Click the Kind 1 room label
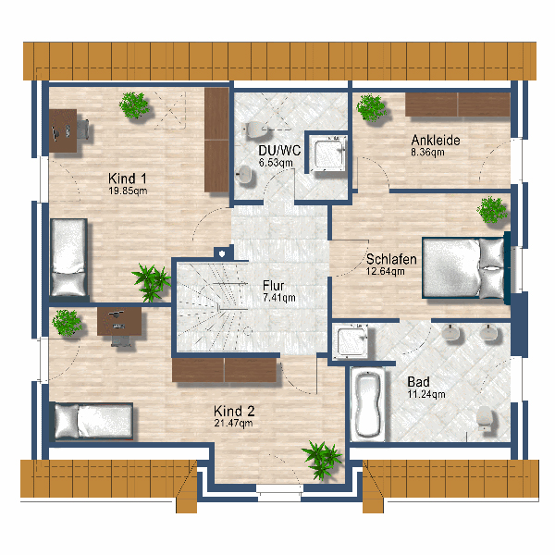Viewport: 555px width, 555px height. (x=128, y=178)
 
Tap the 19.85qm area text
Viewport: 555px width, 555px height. (x=128, y=191)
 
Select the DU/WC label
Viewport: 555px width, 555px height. (x=279, y=151)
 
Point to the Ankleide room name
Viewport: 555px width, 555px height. (x=436, y=141)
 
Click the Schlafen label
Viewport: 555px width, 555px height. (x=391, y=259)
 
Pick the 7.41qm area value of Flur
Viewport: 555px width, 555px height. (x=279, y=298)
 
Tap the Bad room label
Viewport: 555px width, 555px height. (x=418, y=381)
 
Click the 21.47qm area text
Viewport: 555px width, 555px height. (x=233, y=423)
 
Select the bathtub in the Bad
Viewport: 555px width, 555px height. (x=368, y=404)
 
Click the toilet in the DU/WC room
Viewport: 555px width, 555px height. (x=253, y=129)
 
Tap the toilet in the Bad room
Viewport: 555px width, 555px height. (x=484, y=418)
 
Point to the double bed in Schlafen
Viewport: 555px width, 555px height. (x=463, y=268)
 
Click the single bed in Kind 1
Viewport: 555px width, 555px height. (x=68, y=258)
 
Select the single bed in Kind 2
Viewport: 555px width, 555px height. (x=93, y=421)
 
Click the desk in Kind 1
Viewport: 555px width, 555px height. (x=63, y=130)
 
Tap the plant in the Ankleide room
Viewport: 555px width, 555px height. (x=371, y=107)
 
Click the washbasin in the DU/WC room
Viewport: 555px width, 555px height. (x=244, y=174)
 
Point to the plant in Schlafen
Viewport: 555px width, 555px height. (x=492, y=210)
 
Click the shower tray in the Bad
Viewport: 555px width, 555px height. (x=351, y=342)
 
